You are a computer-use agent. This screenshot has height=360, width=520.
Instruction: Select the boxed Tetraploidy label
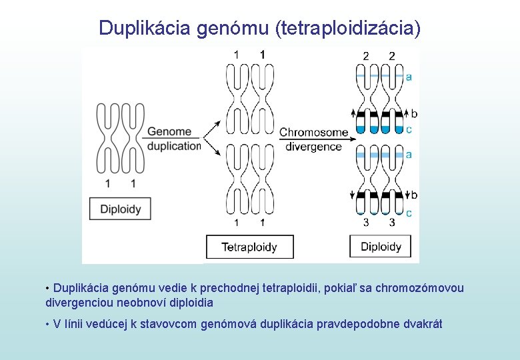pos(249,247)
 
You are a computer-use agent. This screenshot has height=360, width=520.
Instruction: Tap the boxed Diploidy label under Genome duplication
pos(121,209)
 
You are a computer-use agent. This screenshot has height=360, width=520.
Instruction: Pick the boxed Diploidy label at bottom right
pos(381,247)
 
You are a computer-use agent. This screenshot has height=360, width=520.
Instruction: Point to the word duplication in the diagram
pos(174,146)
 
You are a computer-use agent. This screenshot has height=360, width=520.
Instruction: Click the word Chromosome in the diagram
pos(313,133)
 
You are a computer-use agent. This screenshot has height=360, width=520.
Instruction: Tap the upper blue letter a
pos(409,77)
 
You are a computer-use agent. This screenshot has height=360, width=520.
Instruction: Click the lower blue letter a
pos(409,155)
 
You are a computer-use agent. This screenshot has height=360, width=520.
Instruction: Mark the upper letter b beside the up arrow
pos(414,114)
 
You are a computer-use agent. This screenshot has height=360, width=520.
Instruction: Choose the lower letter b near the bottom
pos(414,195)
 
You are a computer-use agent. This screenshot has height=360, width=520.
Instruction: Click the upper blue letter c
pos(409,129)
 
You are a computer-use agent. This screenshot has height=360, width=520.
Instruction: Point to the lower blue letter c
pos(409,213)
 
